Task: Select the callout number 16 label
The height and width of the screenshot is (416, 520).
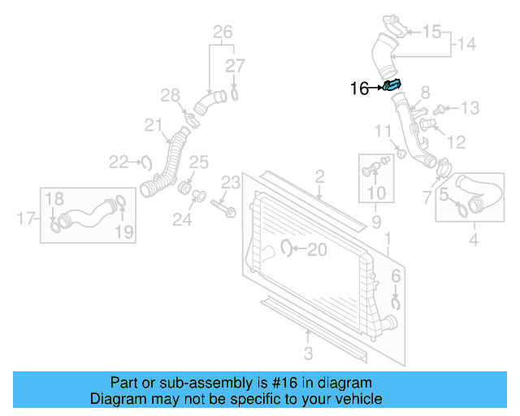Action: [x=359, y=89]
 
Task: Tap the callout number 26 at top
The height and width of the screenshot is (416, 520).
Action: [x=222, y=32]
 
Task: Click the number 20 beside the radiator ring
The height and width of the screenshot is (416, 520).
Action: [x=316, y=250]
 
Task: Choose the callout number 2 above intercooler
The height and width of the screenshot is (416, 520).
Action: [x=319, y=176]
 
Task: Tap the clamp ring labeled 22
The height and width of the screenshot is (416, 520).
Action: [x=147, y=162]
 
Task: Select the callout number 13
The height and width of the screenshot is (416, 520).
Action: [x=470, y=108]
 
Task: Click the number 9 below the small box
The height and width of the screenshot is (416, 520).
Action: [x=376, y=221]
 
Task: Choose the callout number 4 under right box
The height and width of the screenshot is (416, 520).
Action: [x=474, y=240]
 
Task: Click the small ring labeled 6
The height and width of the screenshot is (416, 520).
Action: [x=396, y=303]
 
